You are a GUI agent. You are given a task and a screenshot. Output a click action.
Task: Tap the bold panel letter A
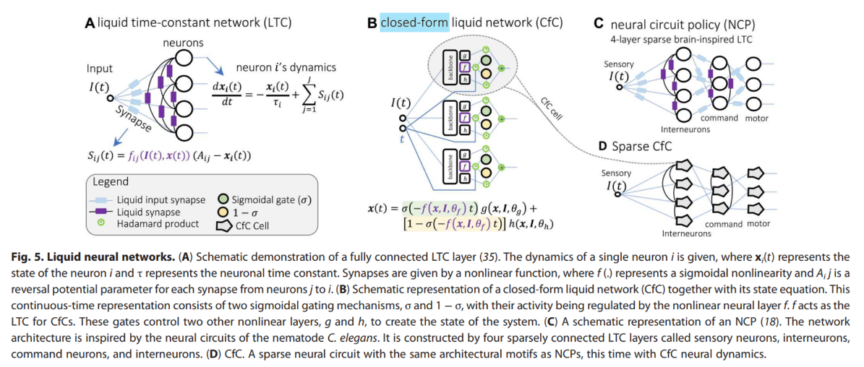coord(90,22)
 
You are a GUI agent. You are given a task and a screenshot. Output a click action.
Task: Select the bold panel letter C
coord(598,23)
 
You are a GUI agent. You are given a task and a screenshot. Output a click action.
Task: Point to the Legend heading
coord(111,181)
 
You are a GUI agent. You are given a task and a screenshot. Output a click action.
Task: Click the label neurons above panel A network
coord(182,43)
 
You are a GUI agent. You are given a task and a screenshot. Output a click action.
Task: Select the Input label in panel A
coord(100,69)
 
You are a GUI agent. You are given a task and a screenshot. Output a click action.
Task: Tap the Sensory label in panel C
coord(618,64)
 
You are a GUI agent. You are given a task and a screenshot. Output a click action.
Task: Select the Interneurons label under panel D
coord(686,233)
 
